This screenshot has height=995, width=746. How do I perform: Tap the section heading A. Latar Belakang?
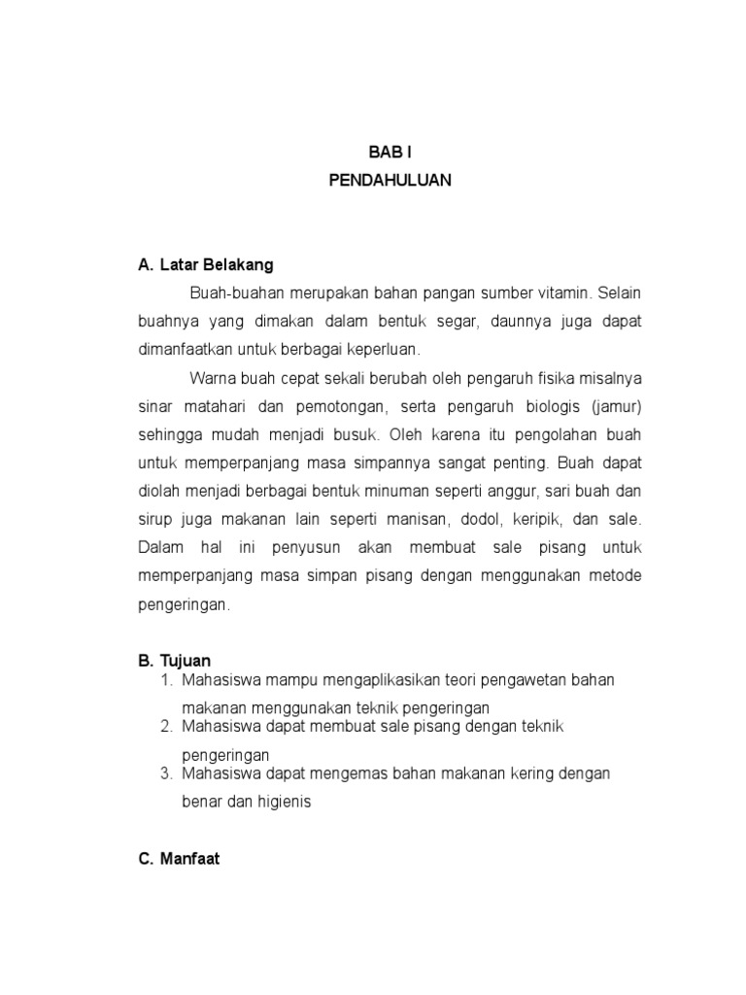[x=206, y=264]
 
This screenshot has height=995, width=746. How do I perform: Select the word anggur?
[x=497, y=491]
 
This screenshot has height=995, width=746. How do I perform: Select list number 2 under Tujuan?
[x=166, y=727]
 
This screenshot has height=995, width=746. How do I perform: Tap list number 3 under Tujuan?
[x=166, y=773]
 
